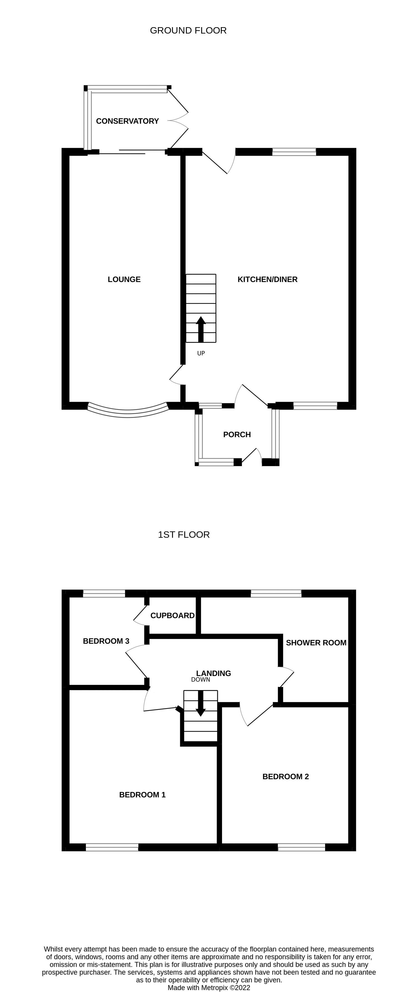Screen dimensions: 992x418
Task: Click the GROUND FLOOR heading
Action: (x=188, y=30)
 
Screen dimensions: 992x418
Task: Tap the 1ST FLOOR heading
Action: (x=183, y=535)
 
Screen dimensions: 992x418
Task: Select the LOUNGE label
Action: (x=124, y=279)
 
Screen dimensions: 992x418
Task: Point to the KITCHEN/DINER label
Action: (x=267, y=279)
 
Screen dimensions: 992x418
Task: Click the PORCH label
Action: (x=237, y=434)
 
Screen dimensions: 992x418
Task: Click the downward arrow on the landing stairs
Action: (x=200, y=703)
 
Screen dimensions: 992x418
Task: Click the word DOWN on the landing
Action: (x=200, y=680)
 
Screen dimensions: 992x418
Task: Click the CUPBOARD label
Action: (x=172, y=615)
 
